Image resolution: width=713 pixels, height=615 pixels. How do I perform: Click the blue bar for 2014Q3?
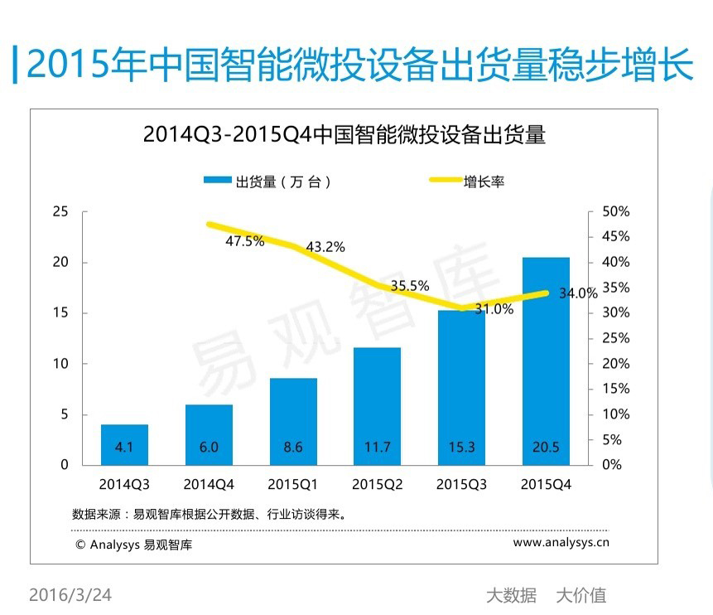[x=124, y=444]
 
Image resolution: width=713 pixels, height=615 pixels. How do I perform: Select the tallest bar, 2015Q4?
[x=546, y=361]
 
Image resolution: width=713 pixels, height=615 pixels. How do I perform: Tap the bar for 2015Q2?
[x=377, y=405]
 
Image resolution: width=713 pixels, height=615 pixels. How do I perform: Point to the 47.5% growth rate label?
[x=244, y=241]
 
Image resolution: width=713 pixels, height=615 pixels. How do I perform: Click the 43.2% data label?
[x=325, y=247]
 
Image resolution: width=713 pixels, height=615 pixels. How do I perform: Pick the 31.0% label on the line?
[x=494, y=309]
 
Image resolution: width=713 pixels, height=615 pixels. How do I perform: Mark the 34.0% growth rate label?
[x=578, y=293]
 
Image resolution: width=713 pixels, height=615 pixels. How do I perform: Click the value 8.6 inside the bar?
[x=292, y=448]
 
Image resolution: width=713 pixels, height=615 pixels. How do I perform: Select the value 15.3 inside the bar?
[x=461, y=448]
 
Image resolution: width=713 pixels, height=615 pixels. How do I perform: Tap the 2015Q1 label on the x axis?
[x=292, y=484]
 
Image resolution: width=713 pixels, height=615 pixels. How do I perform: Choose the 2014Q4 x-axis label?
[x=209, y=484]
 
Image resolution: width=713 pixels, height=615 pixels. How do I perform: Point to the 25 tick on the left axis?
[x=60, y=211]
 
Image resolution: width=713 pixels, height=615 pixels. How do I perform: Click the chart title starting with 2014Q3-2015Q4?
[x=344, y=134]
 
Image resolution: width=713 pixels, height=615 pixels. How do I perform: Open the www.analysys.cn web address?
[x=561, y=543]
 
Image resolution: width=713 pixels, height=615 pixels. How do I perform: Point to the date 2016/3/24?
[x=70, y=595]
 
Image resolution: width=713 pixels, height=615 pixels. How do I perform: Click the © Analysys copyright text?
[x=133, y=545]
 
